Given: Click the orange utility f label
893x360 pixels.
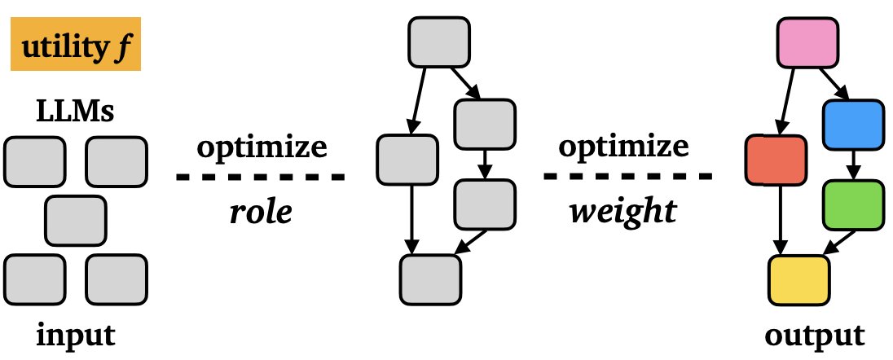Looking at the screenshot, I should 76,50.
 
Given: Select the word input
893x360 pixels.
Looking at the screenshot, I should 74,336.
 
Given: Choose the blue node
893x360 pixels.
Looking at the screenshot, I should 853,124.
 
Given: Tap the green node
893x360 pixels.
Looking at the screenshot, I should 853,204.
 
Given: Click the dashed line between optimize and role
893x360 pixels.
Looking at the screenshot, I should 262,177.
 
